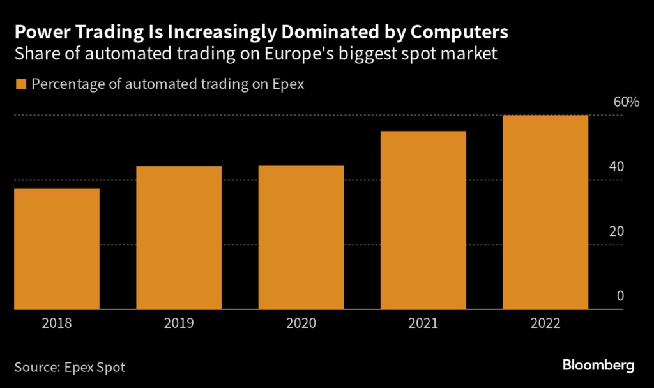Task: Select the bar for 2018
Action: (x=57, y=249)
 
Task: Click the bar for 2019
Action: (x=179, y=238)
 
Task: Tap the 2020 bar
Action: (x=301, y=237)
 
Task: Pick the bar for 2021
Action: (x=423, y=221)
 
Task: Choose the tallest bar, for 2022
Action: (x=545, y=212)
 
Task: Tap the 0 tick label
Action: (x=620, y=296)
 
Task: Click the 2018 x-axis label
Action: (x=57, y=323)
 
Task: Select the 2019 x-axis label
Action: (x=179, y=323)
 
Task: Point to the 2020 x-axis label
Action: (x=301, y=323)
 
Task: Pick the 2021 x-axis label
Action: (x=423, y=323)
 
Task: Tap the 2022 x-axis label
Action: (x=545, y=323)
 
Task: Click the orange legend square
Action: (x=20, y=84)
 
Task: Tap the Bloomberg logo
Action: (x=598, y=366)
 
